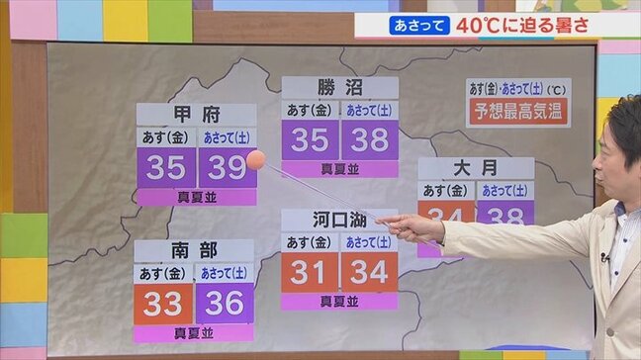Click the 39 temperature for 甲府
click(227, 168)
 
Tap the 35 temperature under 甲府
click(165, 168)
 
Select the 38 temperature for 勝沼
click(370, 140)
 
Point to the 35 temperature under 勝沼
click(310, 140)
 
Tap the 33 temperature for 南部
click(163, 304)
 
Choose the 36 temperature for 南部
click(225, 304)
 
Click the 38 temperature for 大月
click(505, 213)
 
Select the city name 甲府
click(195, 115)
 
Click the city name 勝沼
click(339, 87)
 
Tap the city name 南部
click(194, 250)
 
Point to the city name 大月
click(476, 168)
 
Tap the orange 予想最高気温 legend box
click(518, 112)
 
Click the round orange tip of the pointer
click(255, 159)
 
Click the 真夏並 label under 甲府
click(196, 197)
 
